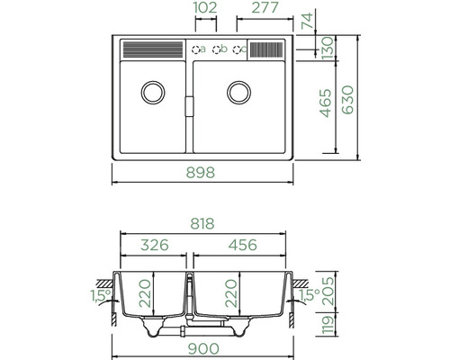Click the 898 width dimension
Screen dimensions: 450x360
pyautogui.click(x=201, y=173)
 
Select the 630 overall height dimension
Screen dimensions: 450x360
pyautogui.click(x=348, y=100)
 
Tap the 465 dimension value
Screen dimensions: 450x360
pyautogui.click(x=326, y=103)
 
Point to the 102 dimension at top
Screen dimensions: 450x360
pyautogui.click(x=205, y=8)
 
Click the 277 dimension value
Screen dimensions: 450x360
pyautogui.click(x=265, y=8)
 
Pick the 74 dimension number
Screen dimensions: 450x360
pyautogui.click(x=308, y=21)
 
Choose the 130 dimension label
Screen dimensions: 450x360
pyautogui.click(x=328, y=48)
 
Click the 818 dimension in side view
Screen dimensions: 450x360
pyautogui.click(x=202, y=224)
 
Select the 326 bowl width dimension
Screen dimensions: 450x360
pyautogui.click(x=155, y=245)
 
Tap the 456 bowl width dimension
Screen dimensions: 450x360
pyautogui.click(x=243, y=245)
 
